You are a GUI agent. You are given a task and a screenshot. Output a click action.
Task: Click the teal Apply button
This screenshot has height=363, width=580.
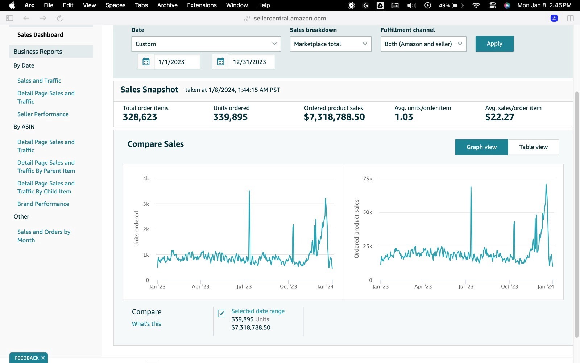[494, 44]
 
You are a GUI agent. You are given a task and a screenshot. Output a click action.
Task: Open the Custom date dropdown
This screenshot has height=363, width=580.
[206, 44]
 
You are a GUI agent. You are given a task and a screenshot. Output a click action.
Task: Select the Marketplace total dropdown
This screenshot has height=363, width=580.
[330, 44]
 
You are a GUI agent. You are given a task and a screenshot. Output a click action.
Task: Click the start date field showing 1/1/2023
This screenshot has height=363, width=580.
[177, 62]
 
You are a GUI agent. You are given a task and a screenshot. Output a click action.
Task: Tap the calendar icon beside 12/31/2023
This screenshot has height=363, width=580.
[221, 62]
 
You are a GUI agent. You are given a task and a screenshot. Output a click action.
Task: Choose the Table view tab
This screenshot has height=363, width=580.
[533, 147]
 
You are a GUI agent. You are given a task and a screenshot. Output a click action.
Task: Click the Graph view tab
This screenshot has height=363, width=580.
[482, 147]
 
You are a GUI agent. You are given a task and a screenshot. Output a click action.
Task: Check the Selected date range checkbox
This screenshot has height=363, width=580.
[221, 313]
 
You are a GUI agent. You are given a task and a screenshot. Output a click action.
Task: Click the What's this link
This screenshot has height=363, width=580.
[146, 323]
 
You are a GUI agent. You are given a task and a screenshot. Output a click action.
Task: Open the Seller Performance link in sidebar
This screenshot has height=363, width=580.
[43, 114]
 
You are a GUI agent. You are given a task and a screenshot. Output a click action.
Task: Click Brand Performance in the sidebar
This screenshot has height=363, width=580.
[43, 204]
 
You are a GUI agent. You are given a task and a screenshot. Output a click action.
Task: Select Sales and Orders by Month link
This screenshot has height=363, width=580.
[44, 236]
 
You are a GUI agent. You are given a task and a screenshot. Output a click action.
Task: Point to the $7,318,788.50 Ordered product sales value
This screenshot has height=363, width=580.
[334, 117]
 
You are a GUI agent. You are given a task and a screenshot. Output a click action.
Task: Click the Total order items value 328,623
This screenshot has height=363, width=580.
[140, 117]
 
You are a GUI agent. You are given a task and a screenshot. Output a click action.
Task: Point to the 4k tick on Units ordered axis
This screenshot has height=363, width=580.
[146, 178]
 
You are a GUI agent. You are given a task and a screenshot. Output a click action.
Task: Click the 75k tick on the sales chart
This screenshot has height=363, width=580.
[368, 178]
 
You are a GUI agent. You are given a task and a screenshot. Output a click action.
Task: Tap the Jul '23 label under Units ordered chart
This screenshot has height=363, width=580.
[244, 286]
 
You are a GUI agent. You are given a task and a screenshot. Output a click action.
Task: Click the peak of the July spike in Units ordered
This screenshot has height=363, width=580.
[249, 191]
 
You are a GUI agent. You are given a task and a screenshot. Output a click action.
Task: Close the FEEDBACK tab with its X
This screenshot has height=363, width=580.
[43, 358]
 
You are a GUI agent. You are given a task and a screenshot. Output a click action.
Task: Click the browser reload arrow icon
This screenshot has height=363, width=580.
[60, 18]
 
